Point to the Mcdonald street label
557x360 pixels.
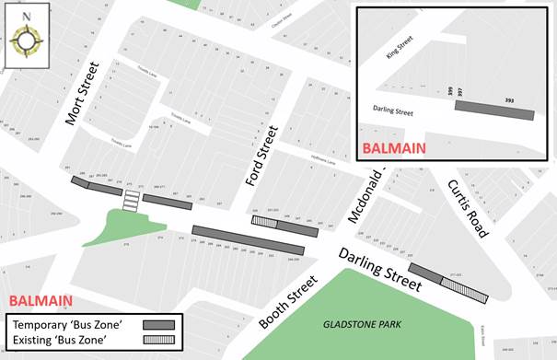coord(365,196)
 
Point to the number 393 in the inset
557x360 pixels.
coord(509,99)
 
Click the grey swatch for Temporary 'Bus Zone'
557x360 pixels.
coord(158,324)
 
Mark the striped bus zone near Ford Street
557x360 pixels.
coord(264,221)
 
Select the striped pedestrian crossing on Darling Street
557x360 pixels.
coord(133,199)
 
